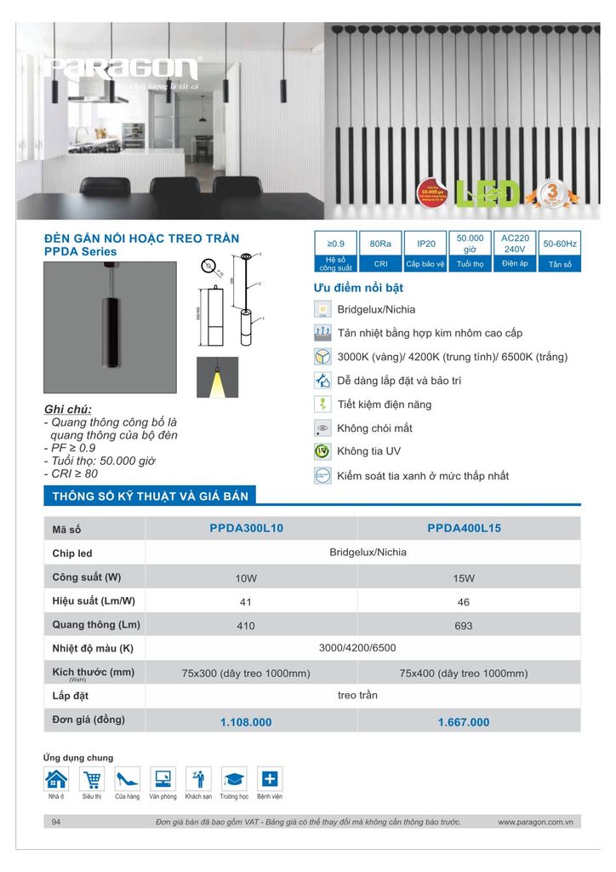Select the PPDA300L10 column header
pos(247,528)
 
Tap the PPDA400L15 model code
pos(464,528)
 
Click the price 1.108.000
pos(246,722)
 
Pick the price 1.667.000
pos(464,722)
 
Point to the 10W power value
pos(247,578)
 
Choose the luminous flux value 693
pos(464,626)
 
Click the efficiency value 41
pos(247,601)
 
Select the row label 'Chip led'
pos(72,554)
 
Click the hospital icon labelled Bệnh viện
pos(269,778)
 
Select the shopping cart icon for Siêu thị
pos(91,778)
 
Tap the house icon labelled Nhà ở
pos(56,778)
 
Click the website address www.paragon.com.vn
pos(535,823)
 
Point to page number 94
pos(57,823)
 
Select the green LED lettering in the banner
pos(489,193)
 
